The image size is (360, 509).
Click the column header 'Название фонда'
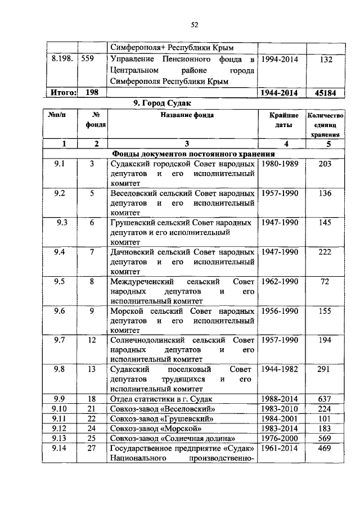click(x=182, y=115)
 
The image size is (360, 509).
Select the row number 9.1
click(x=60, y=164)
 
